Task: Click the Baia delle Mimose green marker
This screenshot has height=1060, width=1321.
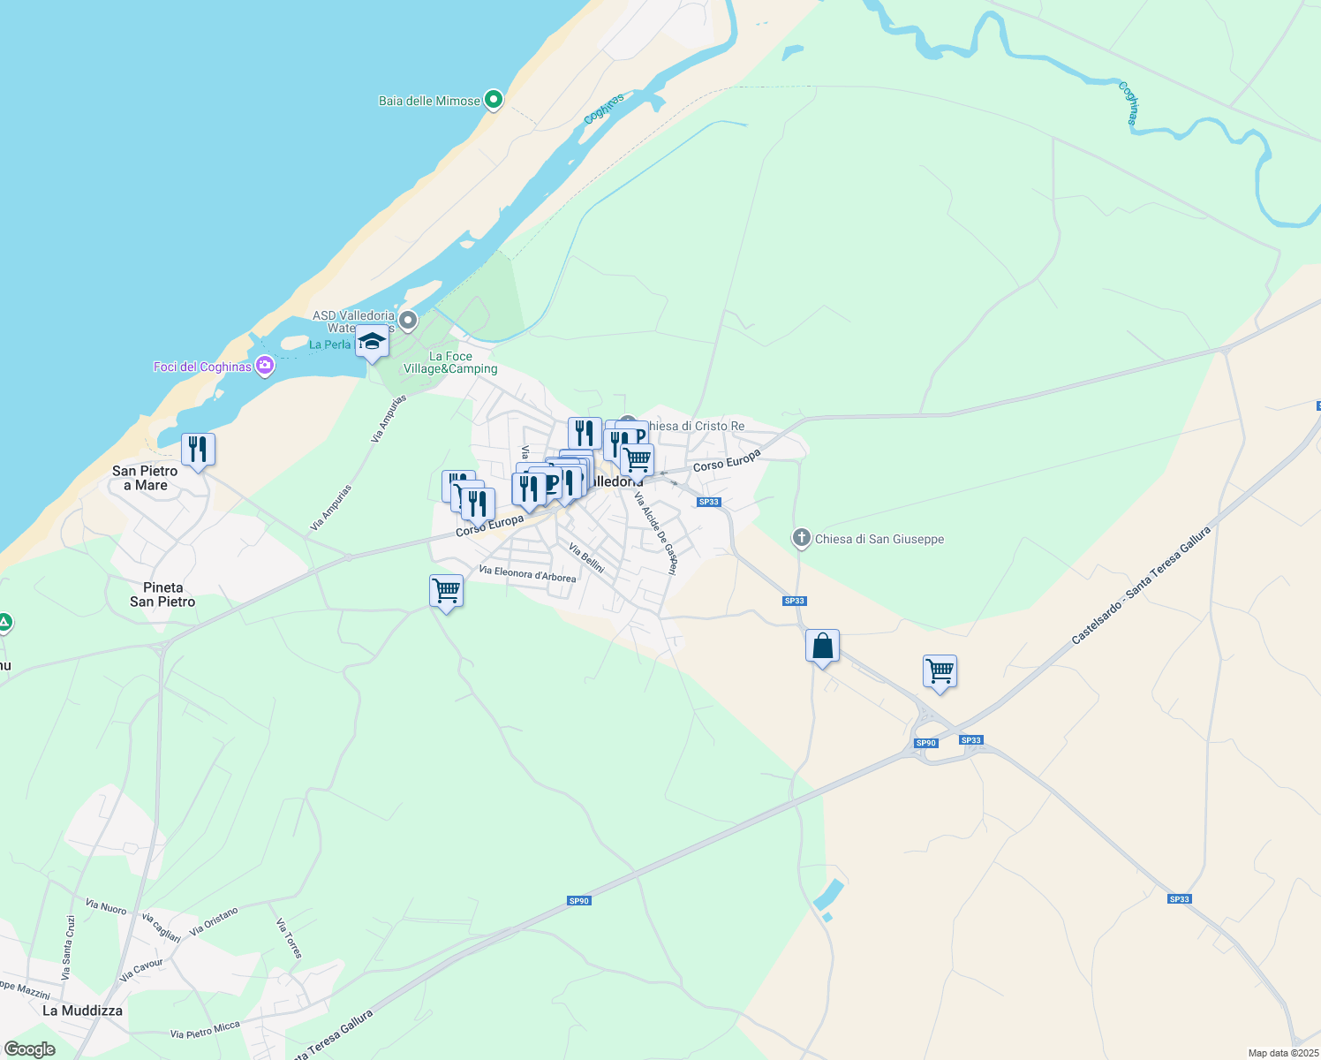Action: [x=494, y=100]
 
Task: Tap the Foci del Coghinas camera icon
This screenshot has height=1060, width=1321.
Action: [x=264, y=367]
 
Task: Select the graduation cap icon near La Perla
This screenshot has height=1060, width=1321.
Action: [x=372, y=342]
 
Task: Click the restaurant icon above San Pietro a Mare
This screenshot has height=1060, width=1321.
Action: [x=198, y=450]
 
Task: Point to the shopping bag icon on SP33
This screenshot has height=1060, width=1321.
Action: [x=822, y=647]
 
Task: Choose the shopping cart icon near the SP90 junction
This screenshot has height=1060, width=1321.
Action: [x=940, y=672]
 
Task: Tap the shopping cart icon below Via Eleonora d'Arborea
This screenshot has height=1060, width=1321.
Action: [x=447, y=591]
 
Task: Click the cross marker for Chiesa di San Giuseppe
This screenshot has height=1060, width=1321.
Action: [x=801, y=538]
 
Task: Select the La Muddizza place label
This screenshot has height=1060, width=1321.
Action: [x=82, y=1011]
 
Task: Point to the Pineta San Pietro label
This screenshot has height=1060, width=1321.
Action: [x=162, y=594]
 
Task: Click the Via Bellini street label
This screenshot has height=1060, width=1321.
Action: [x=586, y=556]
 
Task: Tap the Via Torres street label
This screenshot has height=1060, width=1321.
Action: [x=290, y=938]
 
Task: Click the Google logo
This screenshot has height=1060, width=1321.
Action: [x=30, y=1049]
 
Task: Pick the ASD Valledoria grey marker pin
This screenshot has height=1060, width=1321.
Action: [x=408, y=320]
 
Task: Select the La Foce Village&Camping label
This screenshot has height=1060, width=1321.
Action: [x=450, y=363]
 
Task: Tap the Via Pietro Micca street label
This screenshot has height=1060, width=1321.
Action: [x=205, y=1030]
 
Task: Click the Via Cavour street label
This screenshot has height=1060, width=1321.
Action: [x=141, y=970]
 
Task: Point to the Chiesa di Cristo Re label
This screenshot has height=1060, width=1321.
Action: [x=696, y=426]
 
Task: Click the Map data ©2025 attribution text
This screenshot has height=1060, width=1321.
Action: [x=1283, y=1053]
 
